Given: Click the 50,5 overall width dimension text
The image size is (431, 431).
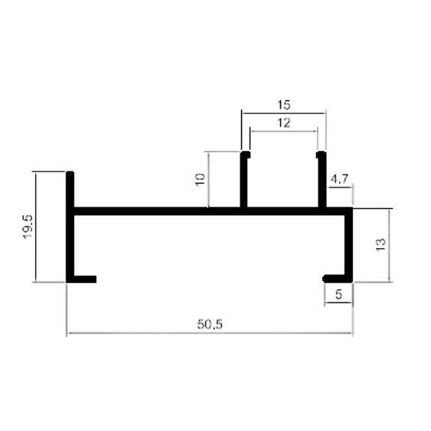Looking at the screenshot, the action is click(x=210, y=325).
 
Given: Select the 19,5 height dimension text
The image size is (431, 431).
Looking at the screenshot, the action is click(x=28, y=227).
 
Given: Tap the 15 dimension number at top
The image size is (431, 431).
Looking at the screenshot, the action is click(x=284, y=105).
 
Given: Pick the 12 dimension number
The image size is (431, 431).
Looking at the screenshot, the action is click(x=284, y=122).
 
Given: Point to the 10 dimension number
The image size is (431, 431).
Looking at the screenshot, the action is click(x=200, y=180).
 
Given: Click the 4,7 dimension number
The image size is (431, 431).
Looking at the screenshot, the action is click(x=339, y=179).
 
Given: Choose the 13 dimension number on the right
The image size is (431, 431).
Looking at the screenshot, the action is click(x=380, y=245).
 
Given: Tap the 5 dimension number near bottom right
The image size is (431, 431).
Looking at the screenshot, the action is click(x=338, y=295).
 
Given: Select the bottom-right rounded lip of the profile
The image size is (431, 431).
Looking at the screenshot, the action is click(x=334, y=279).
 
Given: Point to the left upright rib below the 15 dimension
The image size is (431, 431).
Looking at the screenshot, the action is click(x=244, y=179).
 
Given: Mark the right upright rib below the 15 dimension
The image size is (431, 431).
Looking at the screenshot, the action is click(x=322, y=179).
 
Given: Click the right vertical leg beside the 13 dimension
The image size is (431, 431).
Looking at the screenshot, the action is click(x=349, y=245).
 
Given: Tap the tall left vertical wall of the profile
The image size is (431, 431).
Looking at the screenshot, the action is click(x=70, y=227).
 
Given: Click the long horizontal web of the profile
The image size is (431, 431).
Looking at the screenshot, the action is click(x=210, y=211).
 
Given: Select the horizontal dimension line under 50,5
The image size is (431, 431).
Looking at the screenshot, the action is click(x=210, y=333).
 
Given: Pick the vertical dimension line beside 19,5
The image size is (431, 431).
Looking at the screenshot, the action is click(x=36, y=227).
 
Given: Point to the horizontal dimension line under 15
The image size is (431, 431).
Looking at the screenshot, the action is click(x=284, y=113).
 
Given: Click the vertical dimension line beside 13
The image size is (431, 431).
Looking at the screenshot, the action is click(x=389, y=245).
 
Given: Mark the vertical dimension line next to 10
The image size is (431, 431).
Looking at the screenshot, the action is click(x=209, y=179).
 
